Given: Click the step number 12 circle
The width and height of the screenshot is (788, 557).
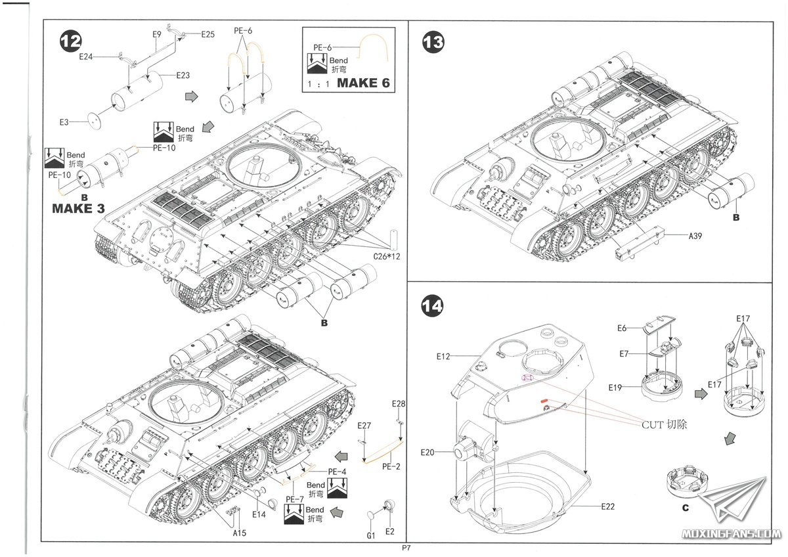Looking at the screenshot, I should (x=70, y=41).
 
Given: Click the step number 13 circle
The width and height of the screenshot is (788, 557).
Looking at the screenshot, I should (x=433, y=43).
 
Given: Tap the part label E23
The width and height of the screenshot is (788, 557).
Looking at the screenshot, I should (x=183, y=76).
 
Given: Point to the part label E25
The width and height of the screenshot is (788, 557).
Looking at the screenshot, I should (x=208, y=34).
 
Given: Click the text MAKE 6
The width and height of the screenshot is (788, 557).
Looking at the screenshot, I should (x=367, y=83).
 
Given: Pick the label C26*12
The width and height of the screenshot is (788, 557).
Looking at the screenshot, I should (x=385, y=256).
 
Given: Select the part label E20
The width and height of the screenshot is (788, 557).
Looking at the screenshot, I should (x=428, y=453).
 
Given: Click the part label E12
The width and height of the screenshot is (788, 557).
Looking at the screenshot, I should (x=445, y=357).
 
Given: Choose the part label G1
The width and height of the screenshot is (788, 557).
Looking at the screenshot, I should (x=371, y=535).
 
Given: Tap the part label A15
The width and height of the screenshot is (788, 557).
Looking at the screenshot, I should (x=239, y=533).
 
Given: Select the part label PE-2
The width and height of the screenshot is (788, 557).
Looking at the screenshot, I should (x=391, y=467).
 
